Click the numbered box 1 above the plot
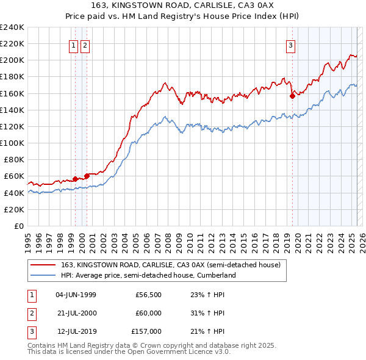click(x=73, y=45)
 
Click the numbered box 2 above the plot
click(x=85, y=45)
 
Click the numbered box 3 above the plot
click(x=291, y=45)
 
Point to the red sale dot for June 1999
click(x=75, y=179)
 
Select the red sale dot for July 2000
click(x=87, y=176)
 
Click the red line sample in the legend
click(x=43, y=265)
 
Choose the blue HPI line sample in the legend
click(x=43, y=275)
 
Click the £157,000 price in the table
click(x=146, y=331)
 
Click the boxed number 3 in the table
click(x=31, y=331)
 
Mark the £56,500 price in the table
click(x=148, y=295)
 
